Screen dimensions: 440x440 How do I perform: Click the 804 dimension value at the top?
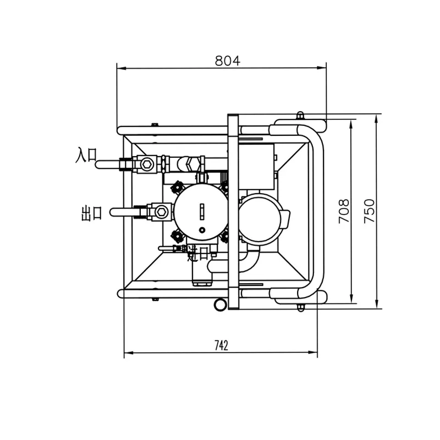tap(227, 61)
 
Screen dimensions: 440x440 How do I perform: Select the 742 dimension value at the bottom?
tap(221, 345)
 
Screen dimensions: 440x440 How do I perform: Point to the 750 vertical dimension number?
tap(369, 211)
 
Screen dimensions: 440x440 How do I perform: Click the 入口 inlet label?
tap(86, 155)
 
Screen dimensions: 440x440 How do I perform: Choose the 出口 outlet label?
tap(91, 213)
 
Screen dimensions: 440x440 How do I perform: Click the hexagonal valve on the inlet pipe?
tap(146, 164)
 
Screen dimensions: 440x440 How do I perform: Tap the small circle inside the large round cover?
tap(202, 229)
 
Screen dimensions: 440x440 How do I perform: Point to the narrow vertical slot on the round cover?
tap(202, 211)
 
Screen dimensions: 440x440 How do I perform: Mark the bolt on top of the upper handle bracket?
tap(300, 116)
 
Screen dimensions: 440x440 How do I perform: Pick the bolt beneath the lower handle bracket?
tap(300, 307)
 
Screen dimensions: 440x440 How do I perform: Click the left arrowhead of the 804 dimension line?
tap(120, 69)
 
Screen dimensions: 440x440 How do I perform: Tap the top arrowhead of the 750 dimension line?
tap(377, 117)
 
